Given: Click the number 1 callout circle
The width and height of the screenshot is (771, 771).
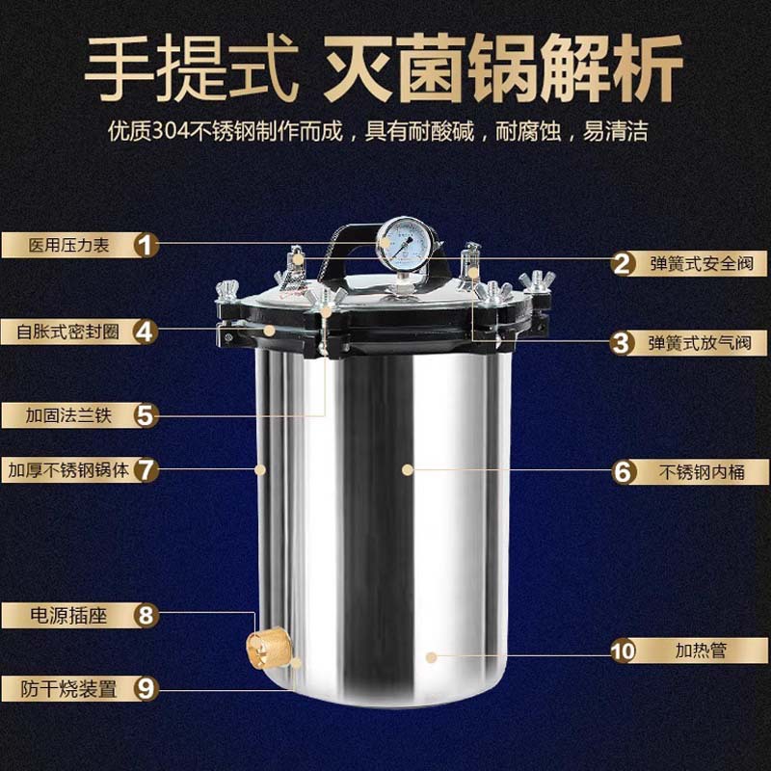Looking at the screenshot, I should click(x=146, y=245).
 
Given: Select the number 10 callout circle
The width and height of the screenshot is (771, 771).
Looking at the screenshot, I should click(x=624, y=651).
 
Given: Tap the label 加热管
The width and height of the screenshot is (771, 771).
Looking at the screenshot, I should click(x=701, y=651).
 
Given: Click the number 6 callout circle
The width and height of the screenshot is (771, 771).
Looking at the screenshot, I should click(x=624, y=471).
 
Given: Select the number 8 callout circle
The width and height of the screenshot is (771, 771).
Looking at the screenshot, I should click(x=146, y=614).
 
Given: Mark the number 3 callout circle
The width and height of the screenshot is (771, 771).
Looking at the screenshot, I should click(x=624, y=342).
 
